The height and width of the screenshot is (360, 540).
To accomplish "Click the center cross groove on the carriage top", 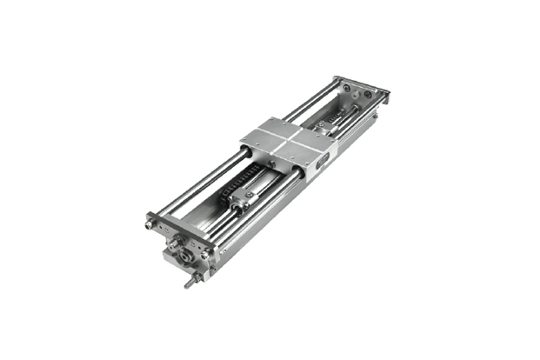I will click(x=286, y=139).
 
